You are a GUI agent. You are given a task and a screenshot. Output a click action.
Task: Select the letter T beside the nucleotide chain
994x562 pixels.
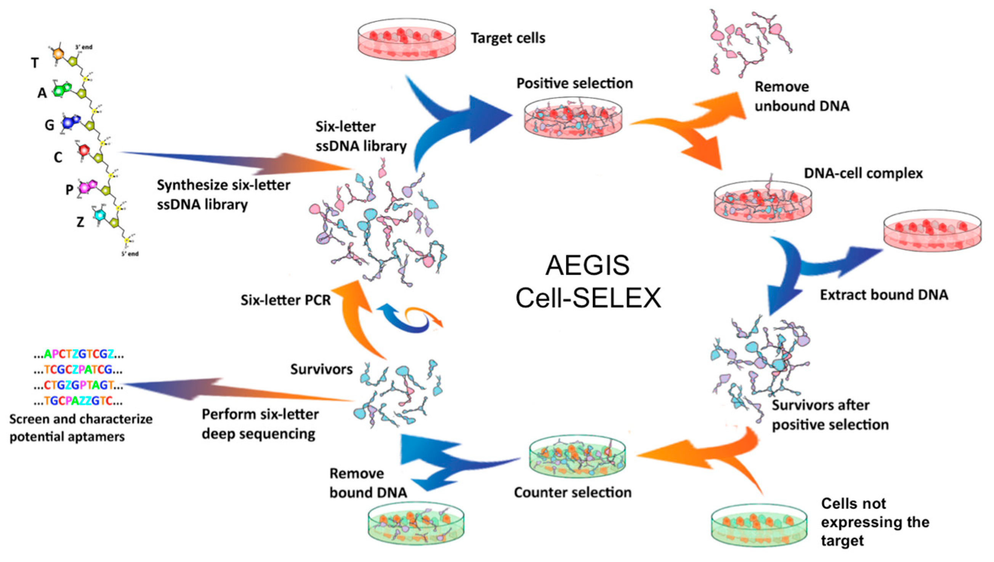pos(35,63)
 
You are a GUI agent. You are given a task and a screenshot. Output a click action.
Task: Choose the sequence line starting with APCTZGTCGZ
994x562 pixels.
pos(79,354)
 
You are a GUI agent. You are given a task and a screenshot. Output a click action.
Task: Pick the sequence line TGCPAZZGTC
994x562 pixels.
pos(79,402)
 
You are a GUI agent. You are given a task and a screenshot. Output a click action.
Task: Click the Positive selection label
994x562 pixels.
pos(574,83)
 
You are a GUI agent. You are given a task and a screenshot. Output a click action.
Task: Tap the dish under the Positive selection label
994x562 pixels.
pos(573,118)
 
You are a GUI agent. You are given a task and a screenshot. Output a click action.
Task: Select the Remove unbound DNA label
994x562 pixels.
pos(802,96)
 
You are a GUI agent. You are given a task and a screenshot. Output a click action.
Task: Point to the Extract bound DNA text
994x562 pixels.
pos(883,295)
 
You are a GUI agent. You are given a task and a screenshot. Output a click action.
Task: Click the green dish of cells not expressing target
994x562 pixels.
pos(758,525)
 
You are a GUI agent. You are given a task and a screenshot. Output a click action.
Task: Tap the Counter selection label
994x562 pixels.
pos(572,493)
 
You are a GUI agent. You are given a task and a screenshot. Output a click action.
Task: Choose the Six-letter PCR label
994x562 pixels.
pos(285,300)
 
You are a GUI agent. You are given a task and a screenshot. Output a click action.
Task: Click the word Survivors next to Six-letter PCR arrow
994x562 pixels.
pos(321,369)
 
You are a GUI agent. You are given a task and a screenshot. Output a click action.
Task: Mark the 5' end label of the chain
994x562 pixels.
pos(130,254)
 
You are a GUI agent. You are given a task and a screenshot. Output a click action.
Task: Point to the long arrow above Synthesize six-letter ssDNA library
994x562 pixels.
pos(236,160)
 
